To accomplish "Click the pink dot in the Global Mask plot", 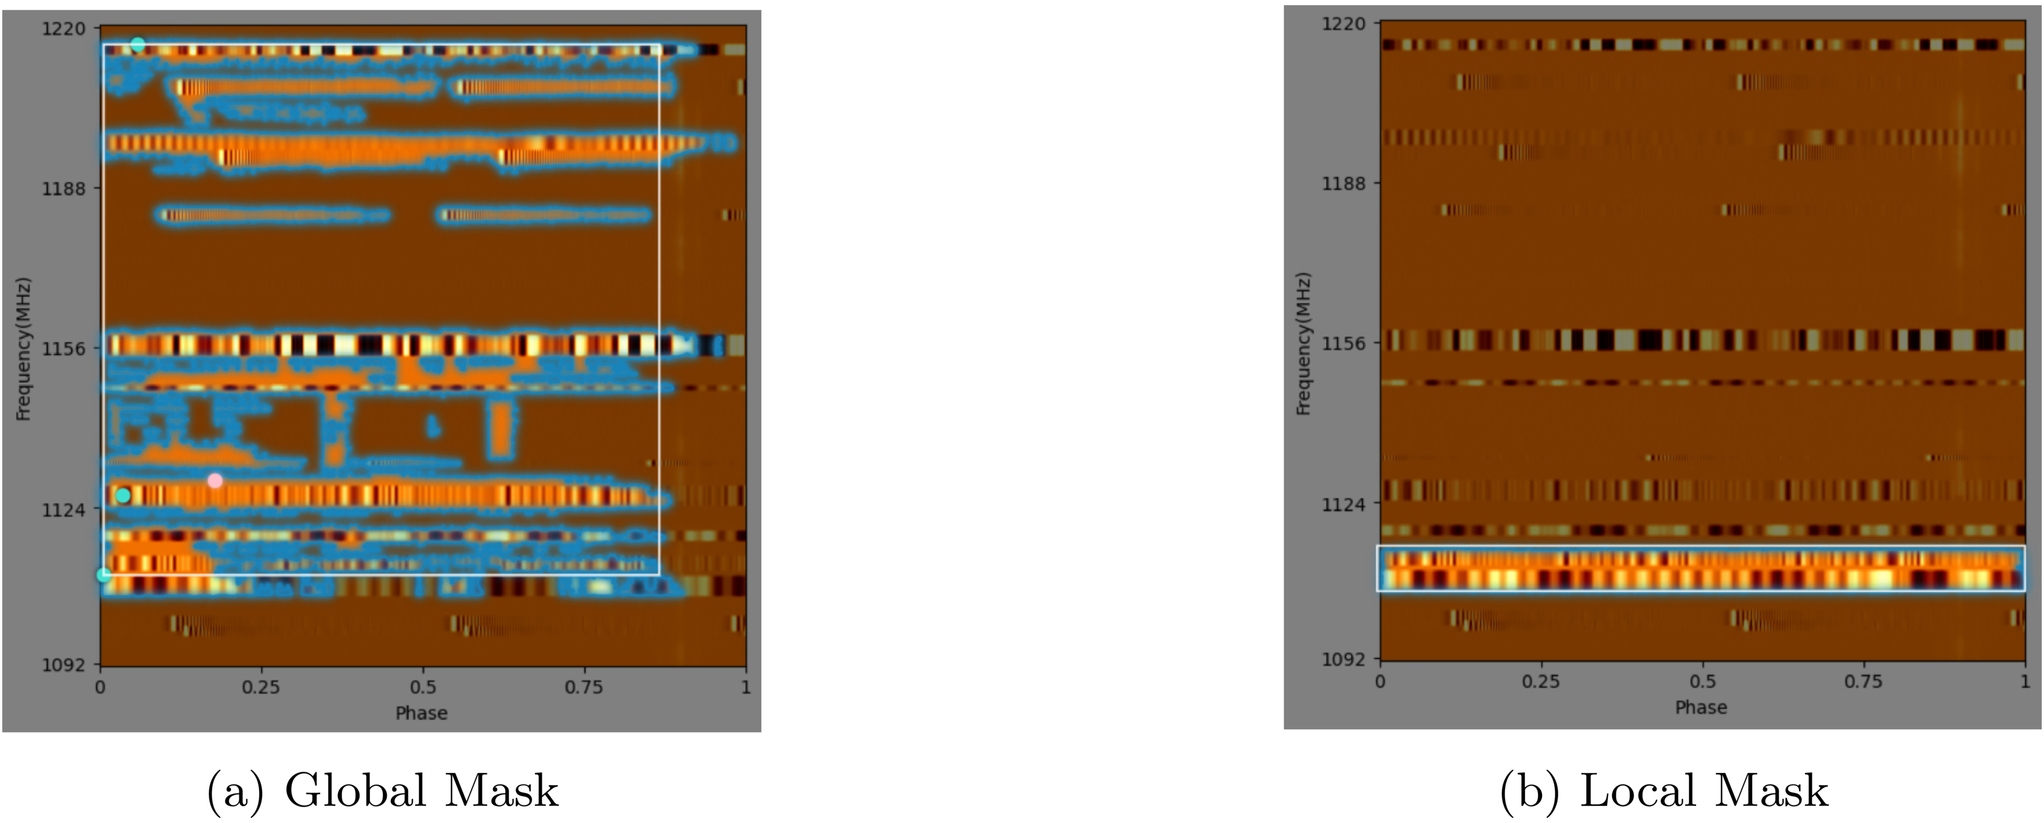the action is pos(214,480).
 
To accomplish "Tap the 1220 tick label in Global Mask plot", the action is pos(63,29).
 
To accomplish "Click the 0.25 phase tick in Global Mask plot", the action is pos(260,686).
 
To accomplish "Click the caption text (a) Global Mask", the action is pos(382,791).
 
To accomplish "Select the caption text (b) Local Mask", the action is pos(1664,791).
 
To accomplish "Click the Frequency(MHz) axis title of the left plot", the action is pos(23,349).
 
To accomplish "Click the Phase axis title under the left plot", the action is pos(421,713).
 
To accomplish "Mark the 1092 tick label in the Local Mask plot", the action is pos(1343,659).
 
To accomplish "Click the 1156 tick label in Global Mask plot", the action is pos(63,347).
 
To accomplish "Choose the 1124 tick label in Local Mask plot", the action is pos(1343,503).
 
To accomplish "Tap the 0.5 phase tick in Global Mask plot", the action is pos(422,686).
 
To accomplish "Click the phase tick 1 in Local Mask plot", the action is pos(2024,681).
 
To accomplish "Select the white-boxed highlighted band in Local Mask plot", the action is pos(1700,568).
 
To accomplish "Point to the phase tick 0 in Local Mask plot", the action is pos(1381,681).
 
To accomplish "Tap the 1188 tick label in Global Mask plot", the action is pos(63,188).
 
